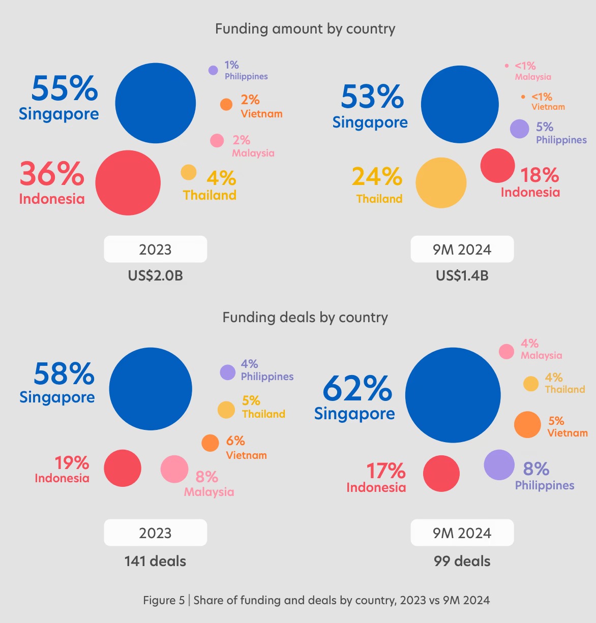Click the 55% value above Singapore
click(65, 89)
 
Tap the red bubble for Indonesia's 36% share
click(128, 182)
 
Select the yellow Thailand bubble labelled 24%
click(441, 183)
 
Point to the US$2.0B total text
click(155, 276)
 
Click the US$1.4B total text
click(462, 276)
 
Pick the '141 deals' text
click(155, 562)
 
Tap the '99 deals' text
click(462, 562)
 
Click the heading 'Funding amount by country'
click(305, 29)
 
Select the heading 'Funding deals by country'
click(305, 318)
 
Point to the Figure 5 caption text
click(316, 600)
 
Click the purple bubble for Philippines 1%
click(213, 70)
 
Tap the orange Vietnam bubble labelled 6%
click(210, 443)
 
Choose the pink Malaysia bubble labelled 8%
click(174, 469)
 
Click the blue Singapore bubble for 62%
click(453, 395)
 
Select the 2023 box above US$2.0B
click(155, 250)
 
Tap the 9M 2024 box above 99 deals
click(462, 533)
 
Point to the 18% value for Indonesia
click(539, 176)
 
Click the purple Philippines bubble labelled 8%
click(499, 464)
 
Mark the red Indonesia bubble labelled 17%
click(441, 474)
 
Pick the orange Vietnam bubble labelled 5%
click(527, 424)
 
